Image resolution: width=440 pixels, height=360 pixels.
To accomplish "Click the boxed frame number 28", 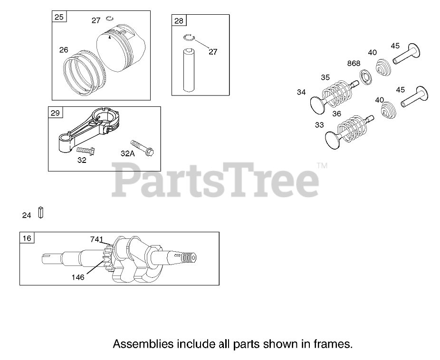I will pyautogui.click(x=179, y=21).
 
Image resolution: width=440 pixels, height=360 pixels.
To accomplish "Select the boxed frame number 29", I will pyautogui.click(x=56, y=113).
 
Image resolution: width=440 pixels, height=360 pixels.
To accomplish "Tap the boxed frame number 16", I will pyautogui.click(x=27, y=238).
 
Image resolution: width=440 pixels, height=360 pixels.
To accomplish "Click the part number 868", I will pyautogui.click(x=354, y=63).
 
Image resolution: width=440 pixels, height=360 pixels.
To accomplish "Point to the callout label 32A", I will pyautogui.click(x=128, y=153).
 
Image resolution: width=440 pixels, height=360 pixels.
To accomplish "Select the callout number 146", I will pyautogui.click(x=78, y=277).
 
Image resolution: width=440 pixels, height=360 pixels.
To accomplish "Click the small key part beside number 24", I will pyautogui.click(x=41, y=212).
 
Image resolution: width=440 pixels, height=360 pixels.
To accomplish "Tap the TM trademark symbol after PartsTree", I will pyautogui.click(x=322, y=166).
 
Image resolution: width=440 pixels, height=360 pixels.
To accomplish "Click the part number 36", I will pyautogui.click(x=336, y=114).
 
